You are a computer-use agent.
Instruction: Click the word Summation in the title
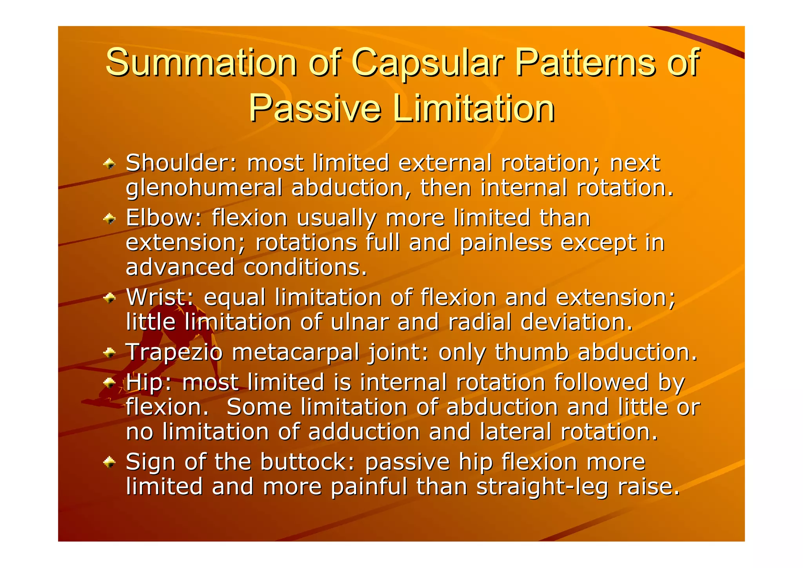pyautogui.click(x=201, y=63)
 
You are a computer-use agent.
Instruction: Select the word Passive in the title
pyautogui.click(x=315, y=109)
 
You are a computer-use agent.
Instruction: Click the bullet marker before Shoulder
pyautogui.click(x=109, y=164)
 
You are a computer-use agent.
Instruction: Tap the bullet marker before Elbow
pyautogui.click(x=109, y=218)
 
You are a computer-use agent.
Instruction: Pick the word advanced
pyautogui.click(x=180, y=268)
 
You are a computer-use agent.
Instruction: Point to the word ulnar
pyautogui.click(x=360, y=322)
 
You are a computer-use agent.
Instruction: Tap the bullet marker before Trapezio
pyautogui.click(x=109, y=353)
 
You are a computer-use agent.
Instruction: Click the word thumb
pyautogui.click(x=531, y=352)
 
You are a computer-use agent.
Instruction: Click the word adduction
pyautogui.click(x=364, y=432)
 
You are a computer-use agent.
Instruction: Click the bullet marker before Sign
pyautogui.click(x=109, y=462)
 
